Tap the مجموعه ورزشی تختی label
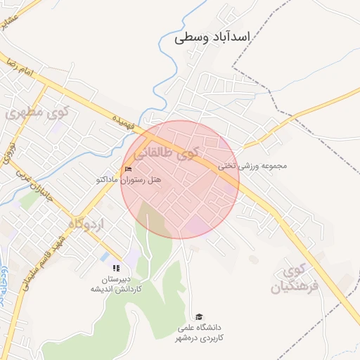point(252,166)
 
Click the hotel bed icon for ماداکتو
point(128,169)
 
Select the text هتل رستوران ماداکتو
point(129,180)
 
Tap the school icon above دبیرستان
point(116,268)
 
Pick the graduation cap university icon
point(199,316)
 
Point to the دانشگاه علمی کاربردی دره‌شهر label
point(200,333)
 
